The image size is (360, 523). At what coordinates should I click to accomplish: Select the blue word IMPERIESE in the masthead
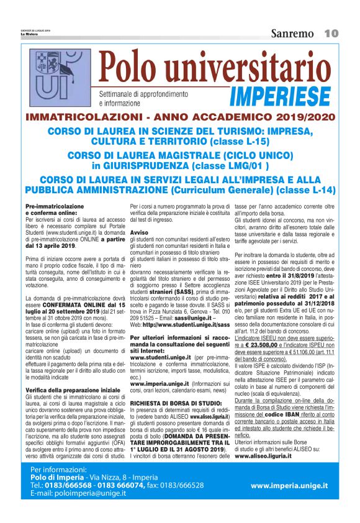tap(279, 96)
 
